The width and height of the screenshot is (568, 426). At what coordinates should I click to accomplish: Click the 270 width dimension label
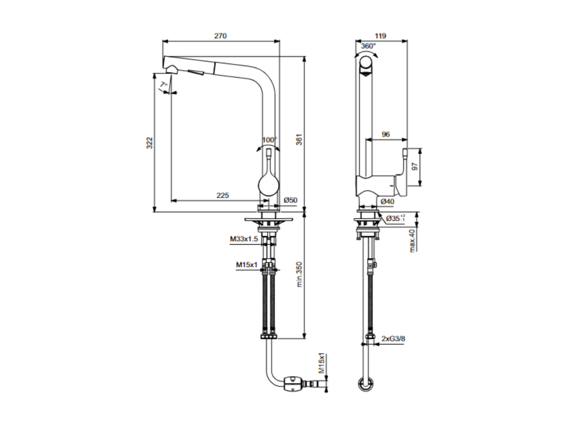[220, 36]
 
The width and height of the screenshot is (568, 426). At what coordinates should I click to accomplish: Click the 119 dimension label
[380, 36]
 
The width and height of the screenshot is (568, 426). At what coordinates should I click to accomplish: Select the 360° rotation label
[369, 46]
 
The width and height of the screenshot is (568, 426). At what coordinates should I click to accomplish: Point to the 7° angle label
[164, 85]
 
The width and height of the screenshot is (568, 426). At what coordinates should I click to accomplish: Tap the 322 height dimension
[150, 143]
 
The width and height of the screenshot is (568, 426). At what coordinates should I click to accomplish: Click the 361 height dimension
[299, 140]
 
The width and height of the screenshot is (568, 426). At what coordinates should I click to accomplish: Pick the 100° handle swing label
[270, 140]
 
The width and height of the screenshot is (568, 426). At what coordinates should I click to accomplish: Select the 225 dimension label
[223, 195]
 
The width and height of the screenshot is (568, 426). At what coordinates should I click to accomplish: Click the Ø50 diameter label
[290, 200]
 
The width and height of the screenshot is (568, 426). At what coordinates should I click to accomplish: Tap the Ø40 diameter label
[387, 202]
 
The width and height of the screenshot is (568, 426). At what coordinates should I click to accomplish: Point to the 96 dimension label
[386, 134]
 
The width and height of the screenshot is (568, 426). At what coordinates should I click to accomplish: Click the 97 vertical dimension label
[415, 167]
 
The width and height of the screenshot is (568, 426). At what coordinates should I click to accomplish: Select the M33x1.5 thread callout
[244, 239]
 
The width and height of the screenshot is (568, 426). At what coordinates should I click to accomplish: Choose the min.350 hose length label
[299, 274]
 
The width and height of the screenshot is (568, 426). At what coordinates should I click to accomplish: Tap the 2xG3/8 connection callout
[393, 339]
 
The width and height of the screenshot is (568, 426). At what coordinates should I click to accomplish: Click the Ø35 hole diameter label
[395, 218]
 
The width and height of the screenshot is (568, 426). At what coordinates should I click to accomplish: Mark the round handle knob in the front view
[269, 185]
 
